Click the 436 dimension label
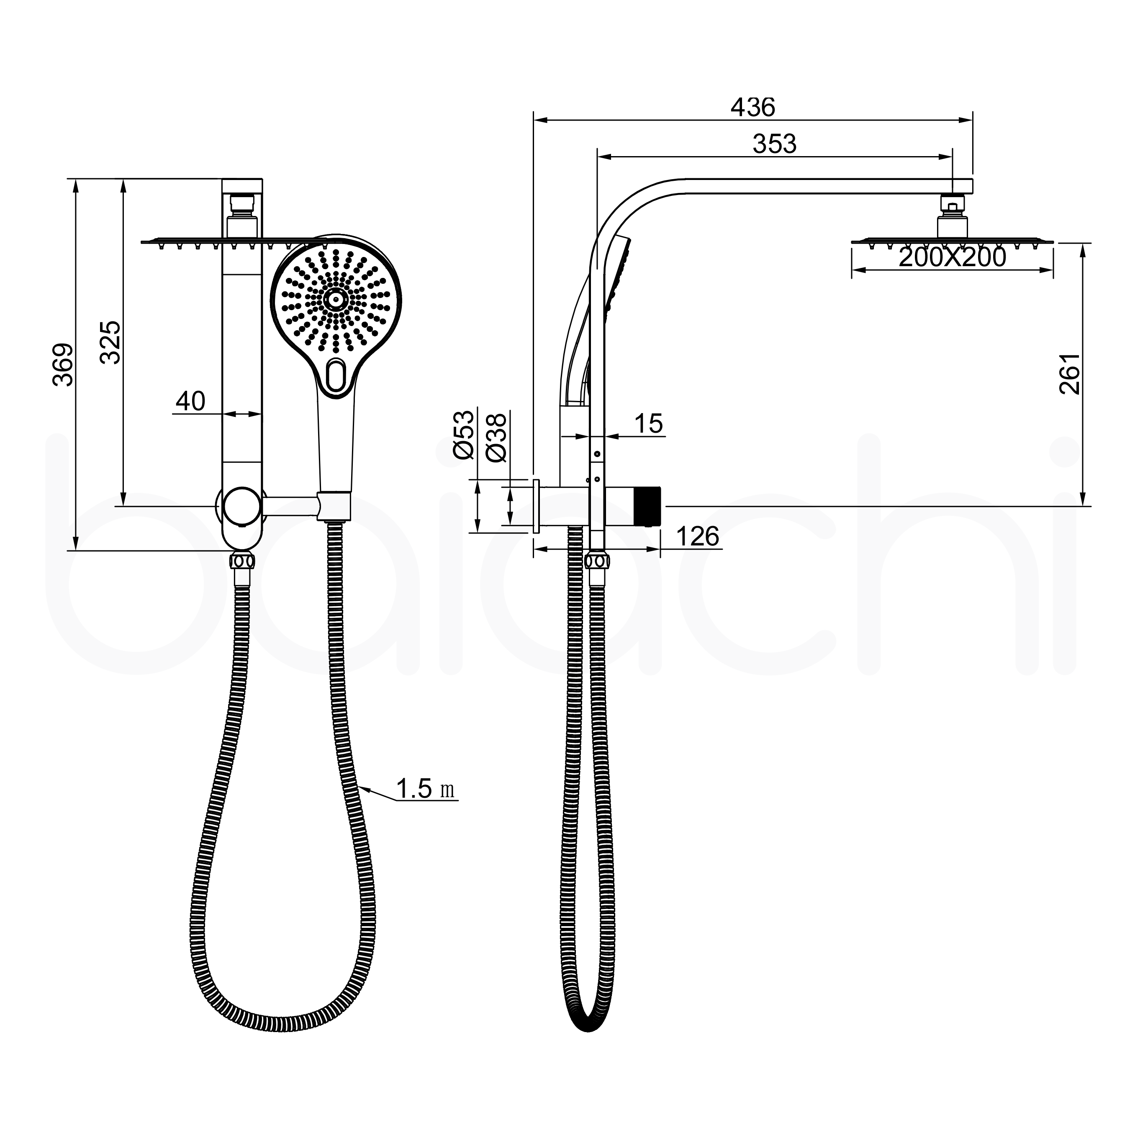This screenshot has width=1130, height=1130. pos(753,108)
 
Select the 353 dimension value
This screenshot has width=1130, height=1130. pos(774,144)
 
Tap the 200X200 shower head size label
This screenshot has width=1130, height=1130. pos(952,257)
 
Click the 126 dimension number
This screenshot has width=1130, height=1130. pos(697,537)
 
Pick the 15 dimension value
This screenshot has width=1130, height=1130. pos(648,424)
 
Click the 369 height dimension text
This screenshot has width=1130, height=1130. pos(63,365)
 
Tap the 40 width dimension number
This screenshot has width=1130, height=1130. pos(191,401)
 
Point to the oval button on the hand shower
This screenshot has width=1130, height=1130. pos(336,375)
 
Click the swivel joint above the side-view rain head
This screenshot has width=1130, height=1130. pos(952,206)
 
